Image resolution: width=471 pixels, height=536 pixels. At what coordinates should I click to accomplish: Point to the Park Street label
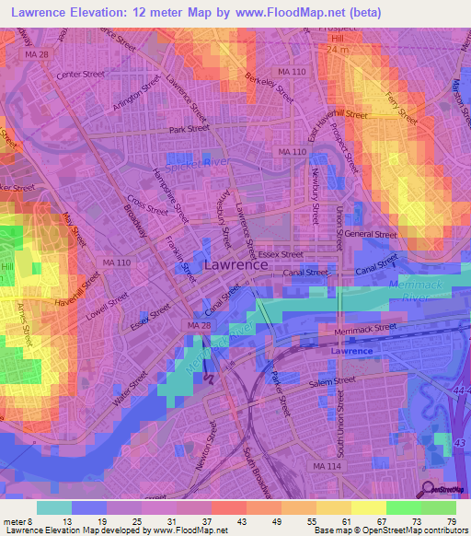click(189, 130)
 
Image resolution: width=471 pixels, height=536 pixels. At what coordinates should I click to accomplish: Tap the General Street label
click(371, 235)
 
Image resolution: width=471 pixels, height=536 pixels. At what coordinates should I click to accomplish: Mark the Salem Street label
click(331, 381)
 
